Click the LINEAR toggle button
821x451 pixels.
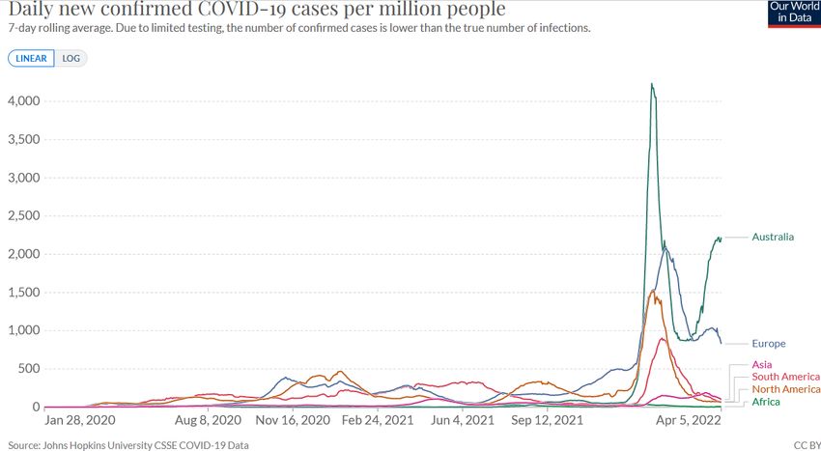(x=32, y=58)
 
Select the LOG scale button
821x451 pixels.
(x=71, y=58)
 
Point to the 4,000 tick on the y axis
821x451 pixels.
(x=23, y=101)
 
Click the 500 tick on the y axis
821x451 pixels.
(x=29, y=369)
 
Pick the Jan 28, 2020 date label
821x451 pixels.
(x=80, y=421)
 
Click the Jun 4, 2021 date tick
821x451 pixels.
(x=463, y=421)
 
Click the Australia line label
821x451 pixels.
(x=773, y=237)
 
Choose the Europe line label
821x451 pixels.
(x=769, y=344)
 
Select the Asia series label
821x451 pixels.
(x=762, y=364)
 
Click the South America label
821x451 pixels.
(x=785, y=377)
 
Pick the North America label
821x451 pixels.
(x=785, y=389)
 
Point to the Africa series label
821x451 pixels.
(x=766, y=402)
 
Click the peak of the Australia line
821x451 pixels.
(x=652, y=84)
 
